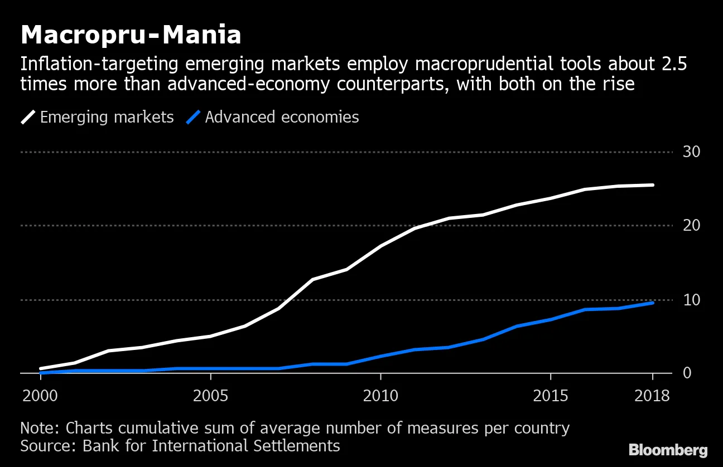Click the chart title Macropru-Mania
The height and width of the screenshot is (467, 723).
click(131, 35)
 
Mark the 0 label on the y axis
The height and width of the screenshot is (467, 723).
click(687, 373)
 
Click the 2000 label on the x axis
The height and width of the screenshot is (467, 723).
click(41, 396)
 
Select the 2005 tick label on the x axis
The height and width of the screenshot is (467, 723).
click(210, 396)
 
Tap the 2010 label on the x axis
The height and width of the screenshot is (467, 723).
click(380, 396)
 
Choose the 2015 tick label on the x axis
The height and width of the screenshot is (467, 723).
click(551, 396)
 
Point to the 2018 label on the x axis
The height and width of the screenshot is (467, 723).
click(652, 396)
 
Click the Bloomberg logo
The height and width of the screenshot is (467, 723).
click(668, 450)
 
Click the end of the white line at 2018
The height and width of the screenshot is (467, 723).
click(652, 185)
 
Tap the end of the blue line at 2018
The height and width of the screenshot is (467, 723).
click(652, 303)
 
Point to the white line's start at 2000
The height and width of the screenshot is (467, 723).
click(41, 368)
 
